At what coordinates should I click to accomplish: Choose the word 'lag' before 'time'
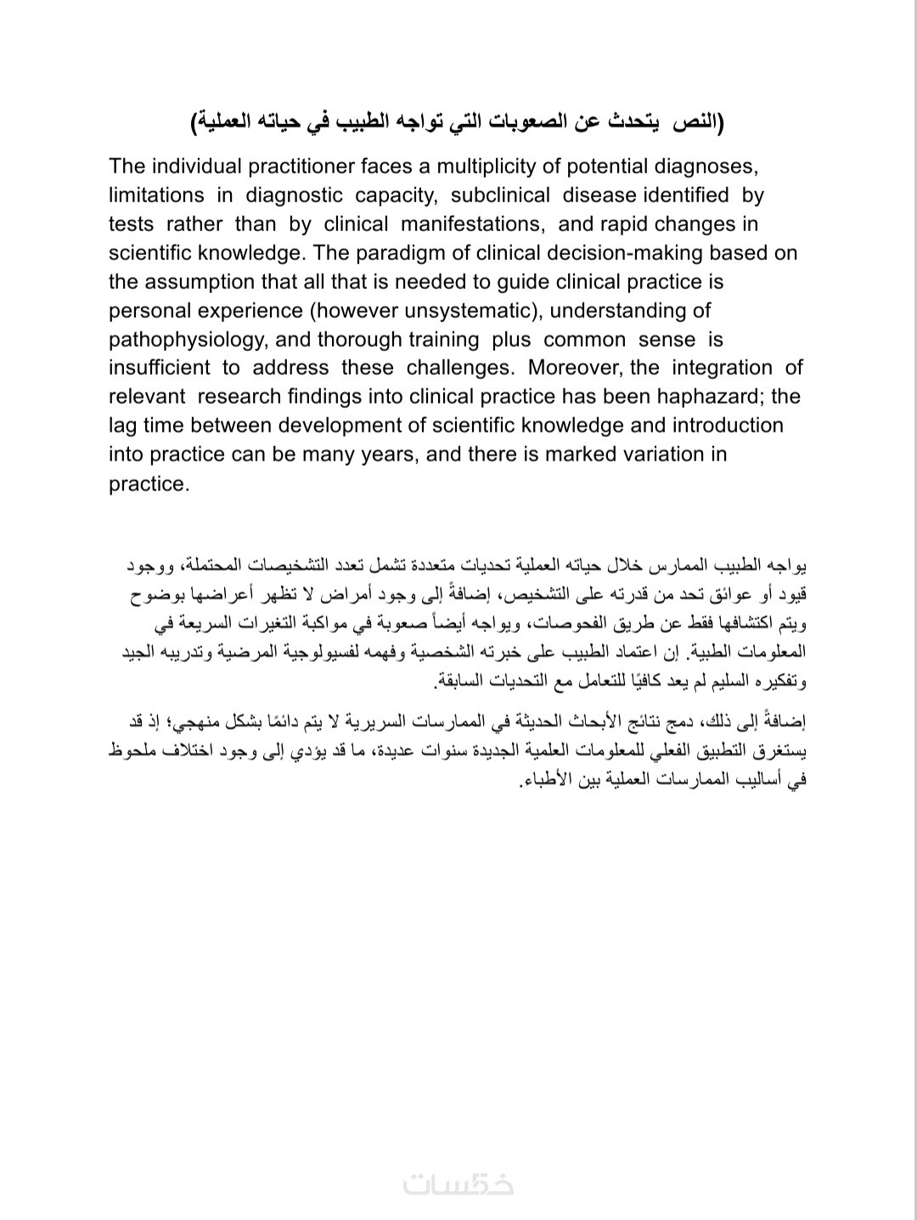pos(124,426)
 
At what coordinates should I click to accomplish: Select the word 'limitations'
pos(156,195)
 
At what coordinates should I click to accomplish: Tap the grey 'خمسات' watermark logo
pos(458,1183)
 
